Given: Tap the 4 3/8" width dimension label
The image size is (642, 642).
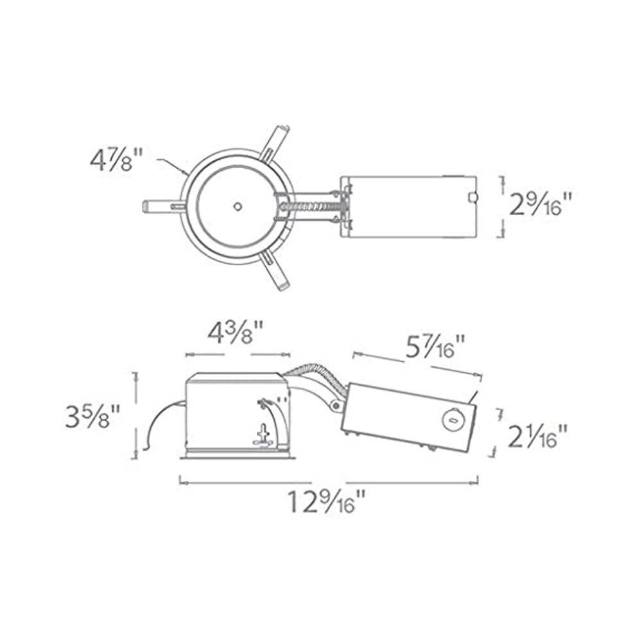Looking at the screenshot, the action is tap(235, 334).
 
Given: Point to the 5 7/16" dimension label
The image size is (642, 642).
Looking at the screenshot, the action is tap(435, 347).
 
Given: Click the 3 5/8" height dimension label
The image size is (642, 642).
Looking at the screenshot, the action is tap(92, 417).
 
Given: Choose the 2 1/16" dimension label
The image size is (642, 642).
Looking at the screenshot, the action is tap(537, 437).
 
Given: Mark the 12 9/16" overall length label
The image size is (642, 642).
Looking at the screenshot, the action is tap(326, 501).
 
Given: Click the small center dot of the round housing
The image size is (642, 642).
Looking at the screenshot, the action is tap(237, 206).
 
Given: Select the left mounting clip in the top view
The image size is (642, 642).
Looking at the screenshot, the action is tap(162, 205).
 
